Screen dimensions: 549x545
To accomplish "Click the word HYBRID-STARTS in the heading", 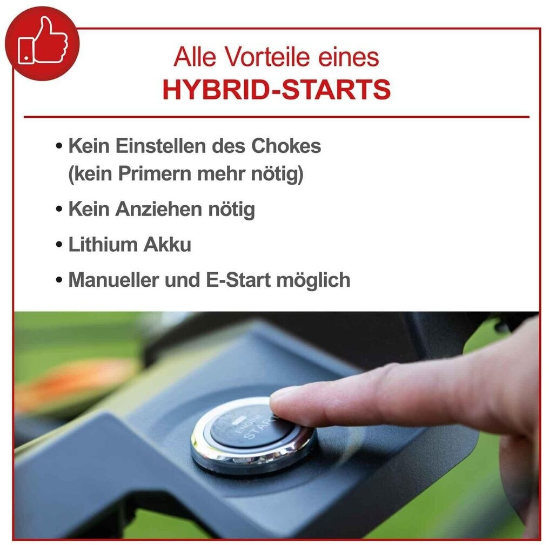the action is [x=276, y=90].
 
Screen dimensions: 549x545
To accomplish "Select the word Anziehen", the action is [x=159, y=210].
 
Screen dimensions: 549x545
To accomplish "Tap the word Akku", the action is [x=168, y=244].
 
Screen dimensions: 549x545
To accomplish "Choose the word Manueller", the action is [x=114, y=280].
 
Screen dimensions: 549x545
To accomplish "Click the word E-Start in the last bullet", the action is [x=238, y=280].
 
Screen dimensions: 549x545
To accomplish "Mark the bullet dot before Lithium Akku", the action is [x=59, y=245].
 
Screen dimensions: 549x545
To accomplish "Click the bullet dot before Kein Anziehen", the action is [x=59, y=210].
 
